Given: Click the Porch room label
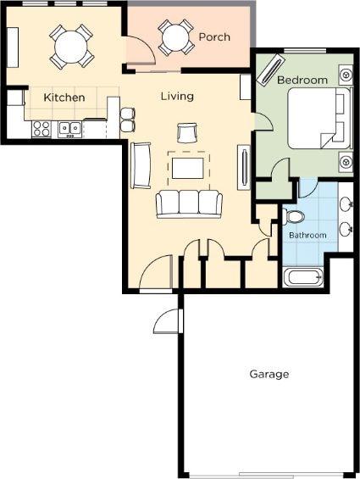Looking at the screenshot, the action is click(214, 37).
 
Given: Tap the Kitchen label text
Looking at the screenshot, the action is click(64, 97).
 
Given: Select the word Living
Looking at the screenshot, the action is click(177, 97).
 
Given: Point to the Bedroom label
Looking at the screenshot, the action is click(302, 80).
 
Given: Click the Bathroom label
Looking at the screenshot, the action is click(307, 235).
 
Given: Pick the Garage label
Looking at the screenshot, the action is click(269, 374).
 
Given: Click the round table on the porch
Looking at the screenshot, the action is click(176, 37).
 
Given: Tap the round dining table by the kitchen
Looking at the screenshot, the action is click(71, 47).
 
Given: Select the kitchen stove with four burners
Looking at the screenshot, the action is click(42, 129).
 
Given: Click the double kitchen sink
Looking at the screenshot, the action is click(70, 130).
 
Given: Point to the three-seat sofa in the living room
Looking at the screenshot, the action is click(189, 203).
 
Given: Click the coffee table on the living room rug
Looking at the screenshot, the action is click(187, 168).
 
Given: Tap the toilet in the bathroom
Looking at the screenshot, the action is click(293, 216).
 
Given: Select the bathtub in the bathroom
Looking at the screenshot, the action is click(302, 277).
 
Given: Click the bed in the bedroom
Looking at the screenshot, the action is click(319, 118).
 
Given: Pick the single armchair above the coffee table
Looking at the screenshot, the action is click(187, 133).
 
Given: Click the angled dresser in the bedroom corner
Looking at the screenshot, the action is click(270, 69).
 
